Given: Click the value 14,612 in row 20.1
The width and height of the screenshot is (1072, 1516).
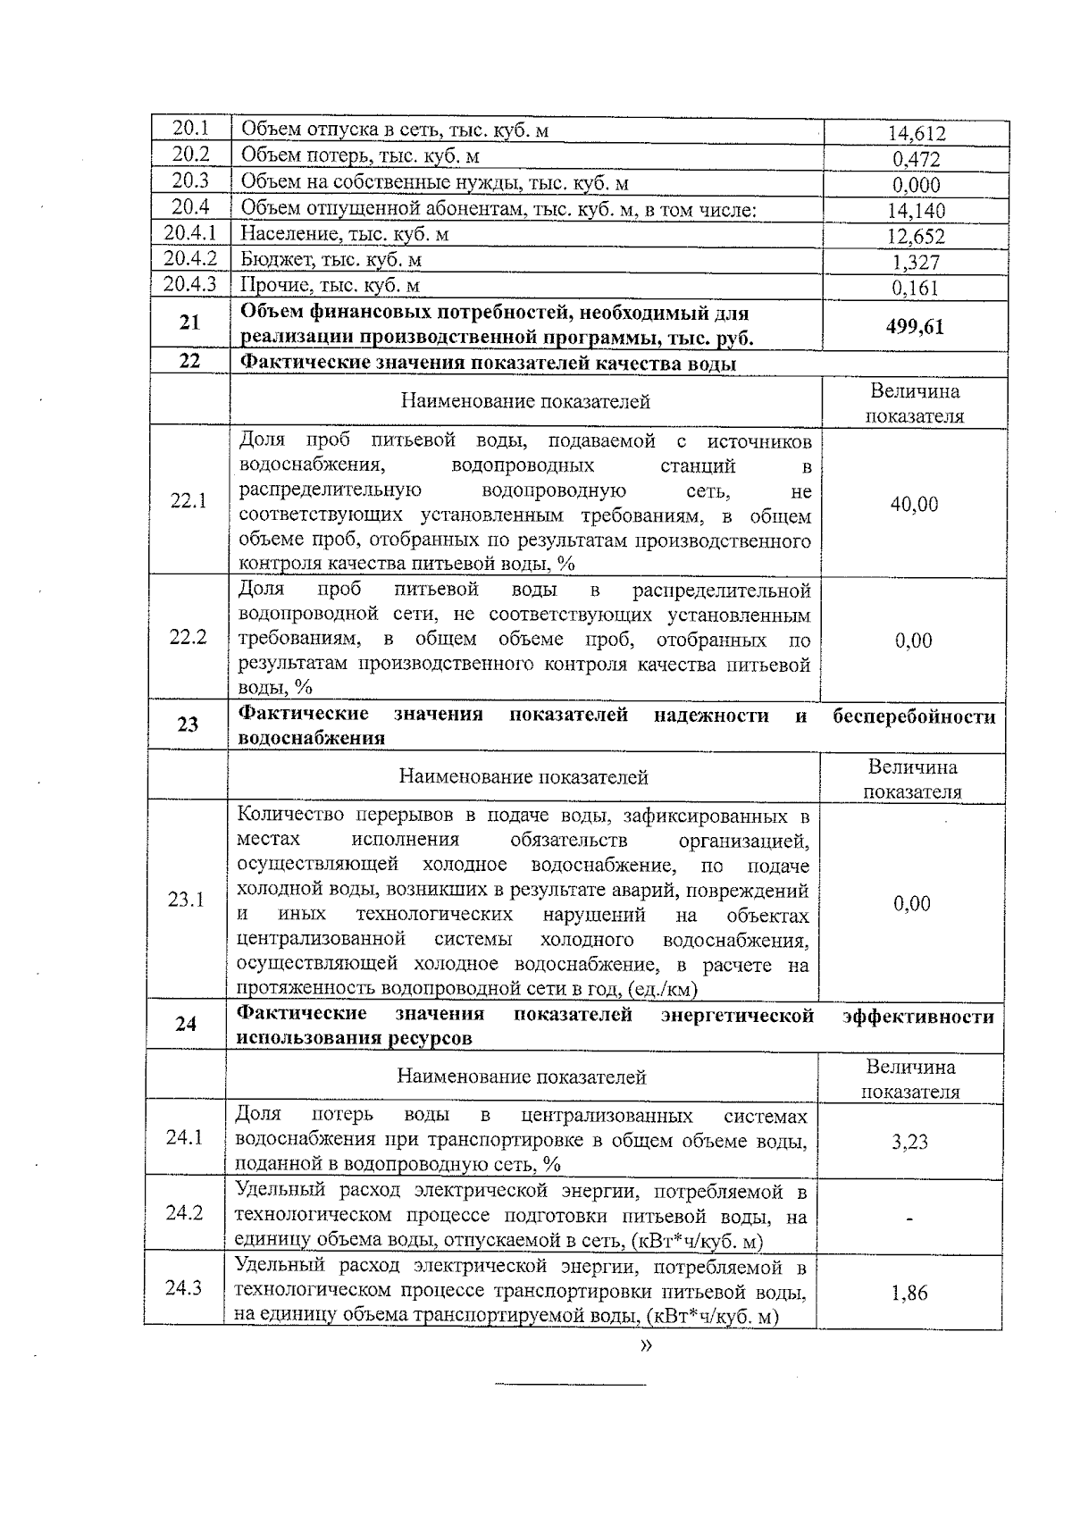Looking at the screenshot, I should coord(916,134).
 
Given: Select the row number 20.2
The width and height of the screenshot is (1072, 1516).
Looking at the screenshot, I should coord(190,155).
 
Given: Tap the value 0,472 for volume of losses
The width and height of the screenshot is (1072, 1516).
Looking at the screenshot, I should coord(916,160).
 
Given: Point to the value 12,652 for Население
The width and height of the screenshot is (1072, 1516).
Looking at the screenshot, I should coord(916,237).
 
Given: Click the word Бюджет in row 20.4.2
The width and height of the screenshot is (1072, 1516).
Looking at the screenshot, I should coord(270,260).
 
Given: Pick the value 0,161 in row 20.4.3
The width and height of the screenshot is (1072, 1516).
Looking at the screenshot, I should coord(916,289).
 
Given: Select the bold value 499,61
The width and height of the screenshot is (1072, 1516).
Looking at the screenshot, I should coord(915,326).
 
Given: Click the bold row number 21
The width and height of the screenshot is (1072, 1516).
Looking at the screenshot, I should coord(189,322).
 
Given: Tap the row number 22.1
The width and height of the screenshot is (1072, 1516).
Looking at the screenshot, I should coord(188,500).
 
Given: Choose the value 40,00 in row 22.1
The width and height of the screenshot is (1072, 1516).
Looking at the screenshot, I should coord(914,505).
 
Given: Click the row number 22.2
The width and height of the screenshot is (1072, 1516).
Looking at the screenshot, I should coord(188,637).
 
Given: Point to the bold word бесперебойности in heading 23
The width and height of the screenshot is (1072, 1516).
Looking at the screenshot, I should coord(913,716).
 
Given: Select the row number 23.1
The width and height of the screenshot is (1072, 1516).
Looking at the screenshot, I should coord(186,900).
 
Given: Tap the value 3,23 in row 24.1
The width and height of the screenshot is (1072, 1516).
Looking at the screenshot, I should coord(909,1143).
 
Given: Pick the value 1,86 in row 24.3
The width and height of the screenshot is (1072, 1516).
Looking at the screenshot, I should coord(909,1293).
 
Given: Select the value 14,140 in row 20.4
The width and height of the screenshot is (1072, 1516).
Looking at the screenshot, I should coord(916,212).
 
